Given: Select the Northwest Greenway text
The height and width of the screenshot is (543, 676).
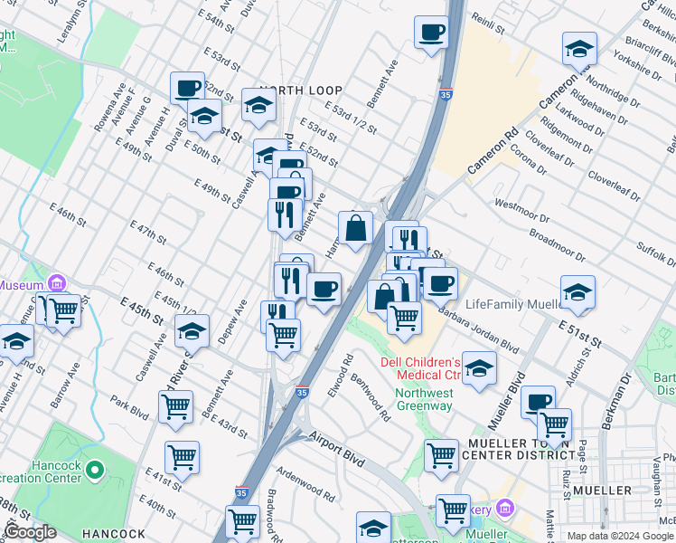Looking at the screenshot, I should (424, 399).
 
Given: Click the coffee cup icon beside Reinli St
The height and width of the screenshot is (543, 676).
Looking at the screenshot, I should (431, 33).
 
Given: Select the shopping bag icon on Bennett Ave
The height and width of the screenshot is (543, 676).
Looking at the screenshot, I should (356, 228).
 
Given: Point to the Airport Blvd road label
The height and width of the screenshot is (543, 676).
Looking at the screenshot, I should (335, 447).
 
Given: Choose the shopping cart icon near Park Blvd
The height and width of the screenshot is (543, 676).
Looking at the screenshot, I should (175, 406).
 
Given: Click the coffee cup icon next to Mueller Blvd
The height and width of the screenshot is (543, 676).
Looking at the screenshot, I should (537, 402).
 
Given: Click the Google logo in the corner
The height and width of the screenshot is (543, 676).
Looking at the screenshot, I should (30, 532).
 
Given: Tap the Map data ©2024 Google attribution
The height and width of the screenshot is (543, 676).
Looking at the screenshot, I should (619, 536).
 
